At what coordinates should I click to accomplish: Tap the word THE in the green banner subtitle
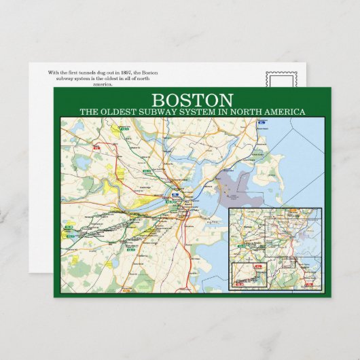pos(88,111)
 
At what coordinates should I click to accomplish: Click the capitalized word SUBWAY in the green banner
pos(159,111)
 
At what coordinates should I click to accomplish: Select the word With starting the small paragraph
pos(54,72)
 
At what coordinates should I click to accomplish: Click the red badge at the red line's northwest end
pos(97,146)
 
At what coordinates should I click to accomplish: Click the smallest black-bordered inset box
pos(250,274)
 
